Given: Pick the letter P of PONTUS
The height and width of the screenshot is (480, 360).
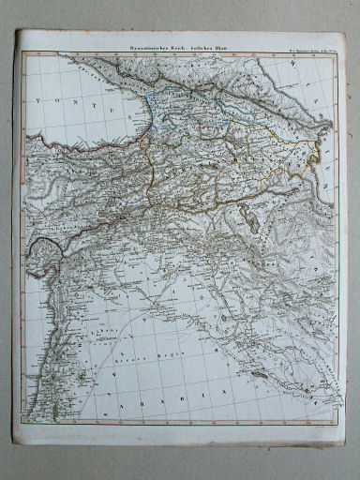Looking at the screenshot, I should coord(36,97).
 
